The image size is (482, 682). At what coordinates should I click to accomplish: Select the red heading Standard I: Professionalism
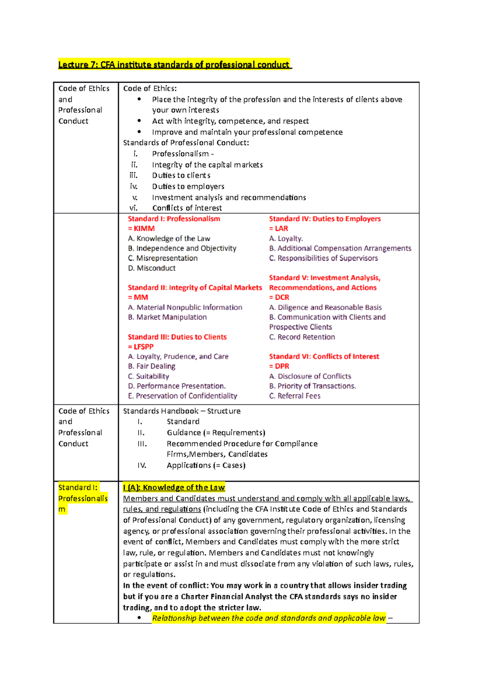[x=174, y=219]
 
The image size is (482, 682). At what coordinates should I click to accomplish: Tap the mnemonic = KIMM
[x=141, y=229]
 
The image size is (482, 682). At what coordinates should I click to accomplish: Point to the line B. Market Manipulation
[x=167, y=317]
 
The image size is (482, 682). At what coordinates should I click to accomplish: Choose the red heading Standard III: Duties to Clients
[x=177, y=337]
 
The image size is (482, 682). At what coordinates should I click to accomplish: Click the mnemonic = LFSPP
[x=141, y=347]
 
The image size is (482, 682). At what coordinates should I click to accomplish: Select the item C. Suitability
[x=149, y=376]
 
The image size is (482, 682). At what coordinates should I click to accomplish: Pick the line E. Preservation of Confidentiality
[x=182, y=396]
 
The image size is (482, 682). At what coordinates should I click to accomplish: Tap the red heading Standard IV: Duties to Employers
[x=325, y=219]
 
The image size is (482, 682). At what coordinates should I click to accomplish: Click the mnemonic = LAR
[x=279, y=229]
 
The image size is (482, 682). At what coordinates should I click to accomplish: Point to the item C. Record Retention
[x=302, y=337]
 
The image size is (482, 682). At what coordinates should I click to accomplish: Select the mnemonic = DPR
[x=279, y=366]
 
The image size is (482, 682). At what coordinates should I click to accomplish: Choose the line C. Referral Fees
[x=295, y=396]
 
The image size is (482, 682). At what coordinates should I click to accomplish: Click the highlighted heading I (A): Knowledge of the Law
[x=174, y=488]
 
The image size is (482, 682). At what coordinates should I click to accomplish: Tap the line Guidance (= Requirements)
[x=216, y=433]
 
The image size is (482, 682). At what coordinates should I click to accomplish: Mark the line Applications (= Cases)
[x=206, y=465]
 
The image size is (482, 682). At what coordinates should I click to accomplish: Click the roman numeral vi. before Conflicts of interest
[x=133, y=208]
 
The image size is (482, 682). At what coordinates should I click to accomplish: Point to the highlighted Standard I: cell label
[x=78, y=488]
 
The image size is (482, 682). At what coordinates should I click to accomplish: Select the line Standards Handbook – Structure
[x=182, y=411]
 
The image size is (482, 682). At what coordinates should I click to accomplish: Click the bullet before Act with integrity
[x=139, y=121]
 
